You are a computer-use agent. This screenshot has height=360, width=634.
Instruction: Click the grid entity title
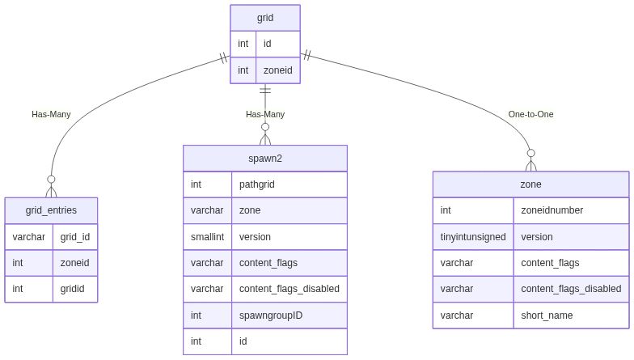tap(265, 16)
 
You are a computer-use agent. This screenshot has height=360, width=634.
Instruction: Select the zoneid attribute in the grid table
tap(277, 70)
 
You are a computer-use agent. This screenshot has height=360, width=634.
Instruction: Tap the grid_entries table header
tap(51, 210)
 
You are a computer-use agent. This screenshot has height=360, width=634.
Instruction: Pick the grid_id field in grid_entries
tap(74, 237)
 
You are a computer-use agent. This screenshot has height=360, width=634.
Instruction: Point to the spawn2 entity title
tap(265, 158)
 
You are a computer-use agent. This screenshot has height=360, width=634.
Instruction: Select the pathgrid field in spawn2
tap(257, 184)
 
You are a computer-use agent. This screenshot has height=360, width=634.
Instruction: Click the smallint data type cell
tap(208, 237)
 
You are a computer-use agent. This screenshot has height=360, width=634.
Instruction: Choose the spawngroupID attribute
tap(271, 316)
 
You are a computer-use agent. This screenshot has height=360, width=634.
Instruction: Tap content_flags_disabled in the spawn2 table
tap(290, 289)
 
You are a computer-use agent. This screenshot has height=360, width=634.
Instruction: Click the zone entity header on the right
tap(530, 184)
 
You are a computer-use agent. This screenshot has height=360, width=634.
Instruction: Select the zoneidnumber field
tap(552, 210)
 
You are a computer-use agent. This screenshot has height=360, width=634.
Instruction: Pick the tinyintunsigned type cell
tap(473, 237)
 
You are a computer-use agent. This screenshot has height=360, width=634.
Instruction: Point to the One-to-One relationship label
tap(530, 114)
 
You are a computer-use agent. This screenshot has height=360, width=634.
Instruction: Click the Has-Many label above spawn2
tap(265, 114)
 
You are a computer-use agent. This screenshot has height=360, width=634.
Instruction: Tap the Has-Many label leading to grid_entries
tap(51, 114)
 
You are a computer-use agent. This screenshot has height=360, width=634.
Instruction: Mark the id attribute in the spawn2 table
tap(244, 341)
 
